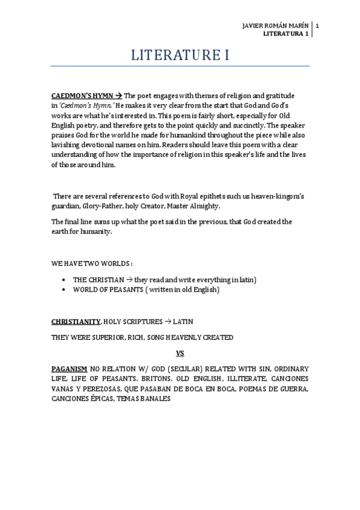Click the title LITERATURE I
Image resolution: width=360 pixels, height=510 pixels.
click(180, 56)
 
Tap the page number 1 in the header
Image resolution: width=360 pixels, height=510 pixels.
click(317, 26)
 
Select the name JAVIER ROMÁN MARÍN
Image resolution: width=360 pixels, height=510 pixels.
click(275, 26)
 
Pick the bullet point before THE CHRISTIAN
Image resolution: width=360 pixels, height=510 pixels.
click(65, 280)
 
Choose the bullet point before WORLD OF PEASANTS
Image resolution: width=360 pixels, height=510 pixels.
click(65, 290)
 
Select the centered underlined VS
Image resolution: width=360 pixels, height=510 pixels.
click(180, 353)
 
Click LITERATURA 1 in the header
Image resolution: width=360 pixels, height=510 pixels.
click(286, 34)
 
